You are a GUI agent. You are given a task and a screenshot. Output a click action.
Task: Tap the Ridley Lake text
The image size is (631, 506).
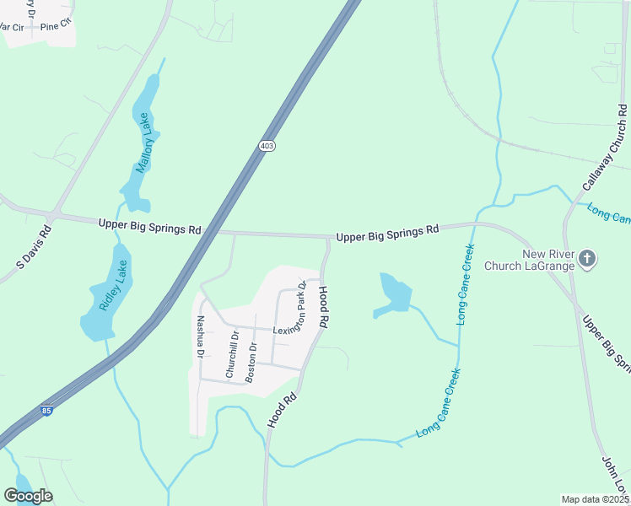click(113, 285)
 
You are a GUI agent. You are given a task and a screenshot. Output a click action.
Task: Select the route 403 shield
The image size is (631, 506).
click(267, 146)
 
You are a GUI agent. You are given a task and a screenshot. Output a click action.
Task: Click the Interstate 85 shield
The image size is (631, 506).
click(47, 411)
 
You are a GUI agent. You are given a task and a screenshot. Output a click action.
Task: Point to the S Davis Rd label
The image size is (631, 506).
click(35, 247)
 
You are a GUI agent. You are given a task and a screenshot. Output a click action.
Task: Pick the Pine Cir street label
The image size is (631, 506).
click(56, 27)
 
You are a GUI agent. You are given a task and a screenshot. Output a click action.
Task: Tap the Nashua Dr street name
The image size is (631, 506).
click(201, 336)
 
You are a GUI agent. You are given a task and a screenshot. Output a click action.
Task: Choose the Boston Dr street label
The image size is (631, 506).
click(251, 362)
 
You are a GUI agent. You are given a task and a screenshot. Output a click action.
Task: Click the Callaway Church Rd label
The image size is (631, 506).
click(605, 147)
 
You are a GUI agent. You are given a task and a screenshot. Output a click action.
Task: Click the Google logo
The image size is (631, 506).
click(28, 496)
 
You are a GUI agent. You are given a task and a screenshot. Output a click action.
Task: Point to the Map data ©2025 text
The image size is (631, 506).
click(595, 499)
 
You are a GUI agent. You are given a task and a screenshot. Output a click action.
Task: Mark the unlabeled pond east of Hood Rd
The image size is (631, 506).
click(394, 294)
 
